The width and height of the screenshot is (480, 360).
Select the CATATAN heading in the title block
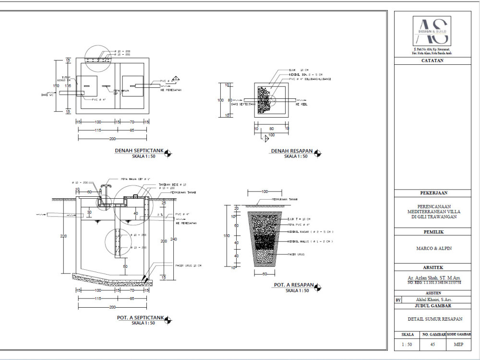[x=432, y=60]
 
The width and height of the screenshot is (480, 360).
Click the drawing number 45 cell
[x=432, y=344]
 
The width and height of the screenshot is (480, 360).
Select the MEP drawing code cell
[x=458, y=344]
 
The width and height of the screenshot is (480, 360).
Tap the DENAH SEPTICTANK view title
[x=139, y=151]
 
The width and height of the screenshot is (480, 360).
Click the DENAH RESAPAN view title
[x=292, y=151]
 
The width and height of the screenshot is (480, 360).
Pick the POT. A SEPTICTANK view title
[x=140, y=318]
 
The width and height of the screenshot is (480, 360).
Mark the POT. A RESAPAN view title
[x=293, y=286]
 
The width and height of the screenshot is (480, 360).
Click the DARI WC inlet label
[x=47, y=95]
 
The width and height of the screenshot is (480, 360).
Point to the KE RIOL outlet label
[x=301, y=104]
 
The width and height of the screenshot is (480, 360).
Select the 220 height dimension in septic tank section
[x=63, y=236]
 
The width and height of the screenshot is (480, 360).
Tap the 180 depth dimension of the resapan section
[x=228, y=236]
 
